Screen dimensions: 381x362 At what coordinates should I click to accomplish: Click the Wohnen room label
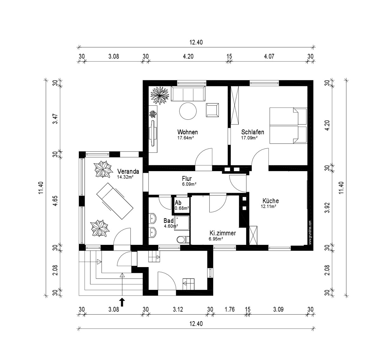(187, 132)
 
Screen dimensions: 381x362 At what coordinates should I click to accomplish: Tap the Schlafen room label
(252, 132)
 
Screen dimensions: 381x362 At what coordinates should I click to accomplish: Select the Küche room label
(271, 201)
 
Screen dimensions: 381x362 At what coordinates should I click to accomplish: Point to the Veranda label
(128, 171)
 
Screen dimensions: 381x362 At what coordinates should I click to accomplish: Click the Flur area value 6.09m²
(189, 184)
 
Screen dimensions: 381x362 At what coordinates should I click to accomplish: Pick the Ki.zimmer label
(223, 233)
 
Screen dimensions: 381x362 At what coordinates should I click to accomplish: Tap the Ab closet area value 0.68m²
(182, 208)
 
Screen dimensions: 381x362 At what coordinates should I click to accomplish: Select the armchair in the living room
(212, 110)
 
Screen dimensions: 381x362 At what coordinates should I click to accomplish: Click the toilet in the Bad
(183, 239)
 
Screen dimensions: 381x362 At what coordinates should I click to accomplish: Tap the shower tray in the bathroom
(182, 223)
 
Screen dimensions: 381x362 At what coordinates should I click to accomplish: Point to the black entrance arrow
(122, 302)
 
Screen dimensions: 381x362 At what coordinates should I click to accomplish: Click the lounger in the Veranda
(115, 201)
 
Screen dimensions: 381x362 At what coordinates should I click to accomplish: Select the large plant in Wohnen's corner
(160, 96)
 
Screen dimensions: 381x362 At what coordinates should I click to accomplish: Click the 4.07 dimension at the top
(269, 57)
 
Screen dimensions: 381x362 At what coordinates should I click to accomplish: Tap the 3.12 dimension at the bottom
(178, 309)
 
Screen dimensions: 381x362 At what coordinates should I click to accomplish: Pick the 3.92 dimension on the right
(327, 208)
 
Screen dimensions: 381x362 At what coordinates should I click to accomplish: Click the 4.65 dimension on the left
(56, 201)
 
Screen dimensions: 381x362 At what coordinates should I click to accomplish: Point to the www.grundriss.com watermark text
(310, 232)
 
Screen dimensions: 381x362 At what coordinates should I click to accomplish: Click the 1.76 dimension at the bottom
(230, 309)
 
